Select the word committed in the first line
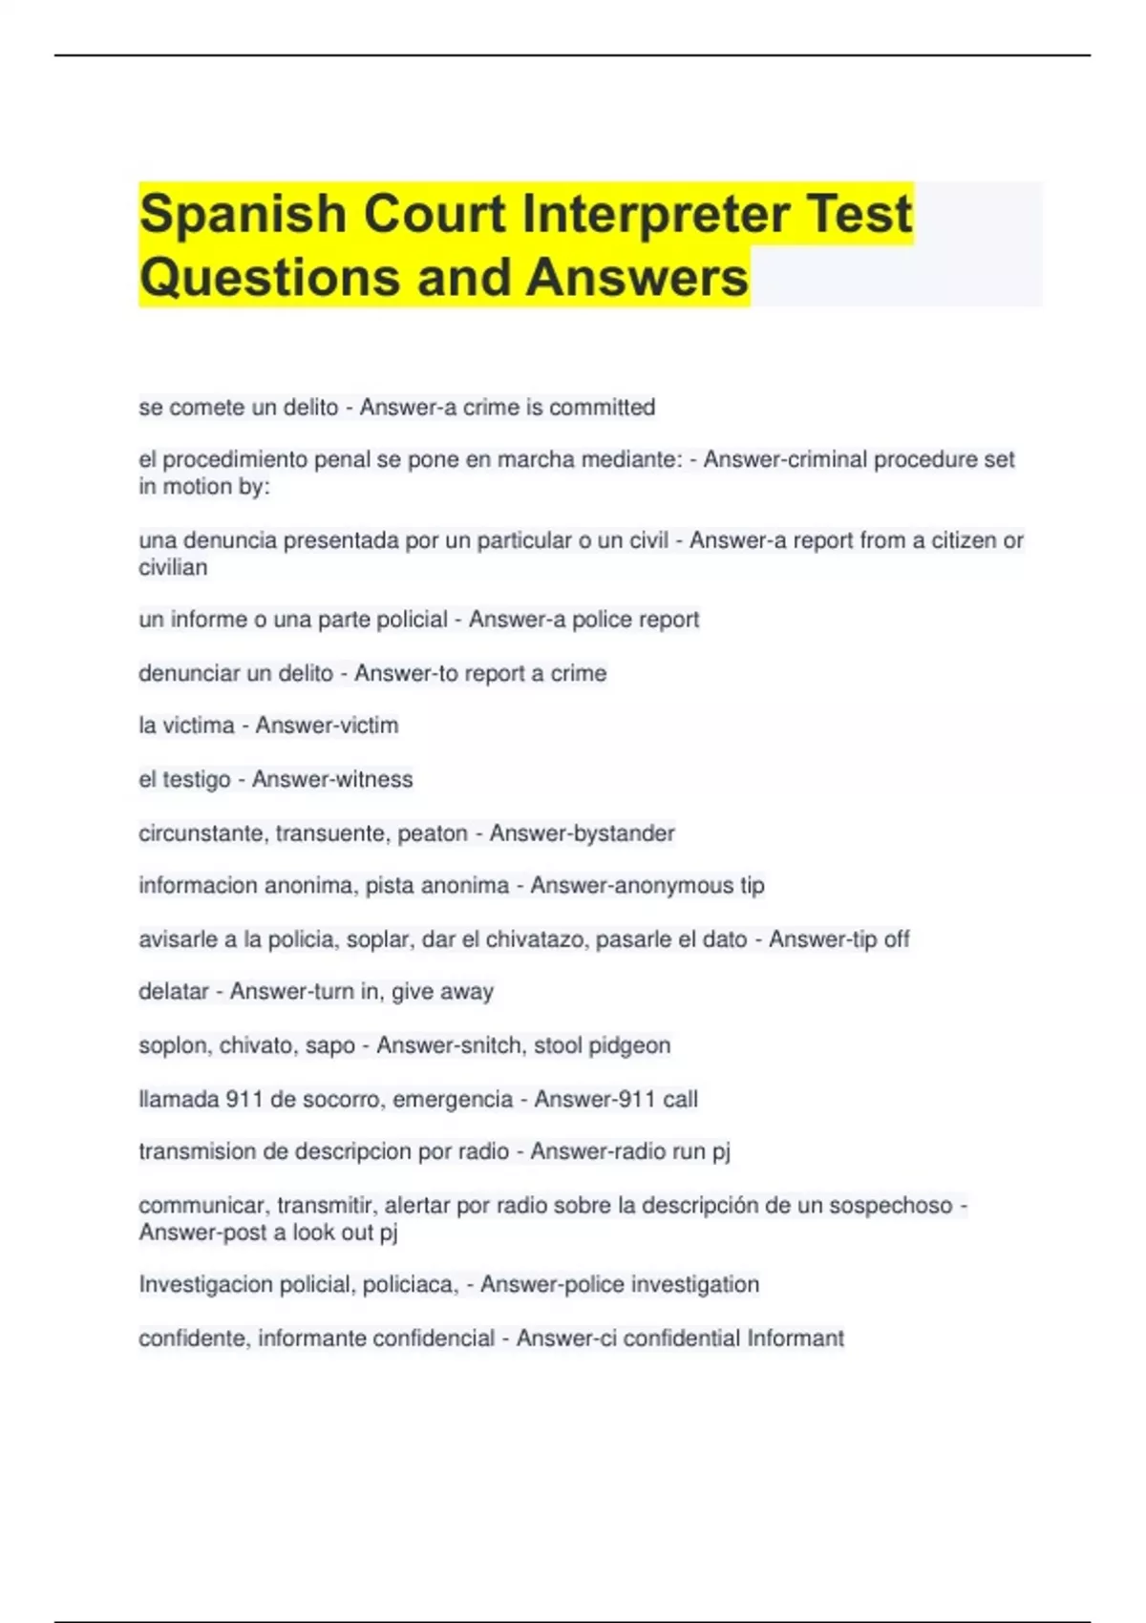click(x=602, y=408)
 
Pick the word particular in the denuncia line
click(x=524, y=540)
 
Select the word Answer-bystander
click(x=582, y=833)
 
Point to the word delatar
click(x=173, y=992)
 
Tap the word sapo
click(x=330, y=1045)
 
